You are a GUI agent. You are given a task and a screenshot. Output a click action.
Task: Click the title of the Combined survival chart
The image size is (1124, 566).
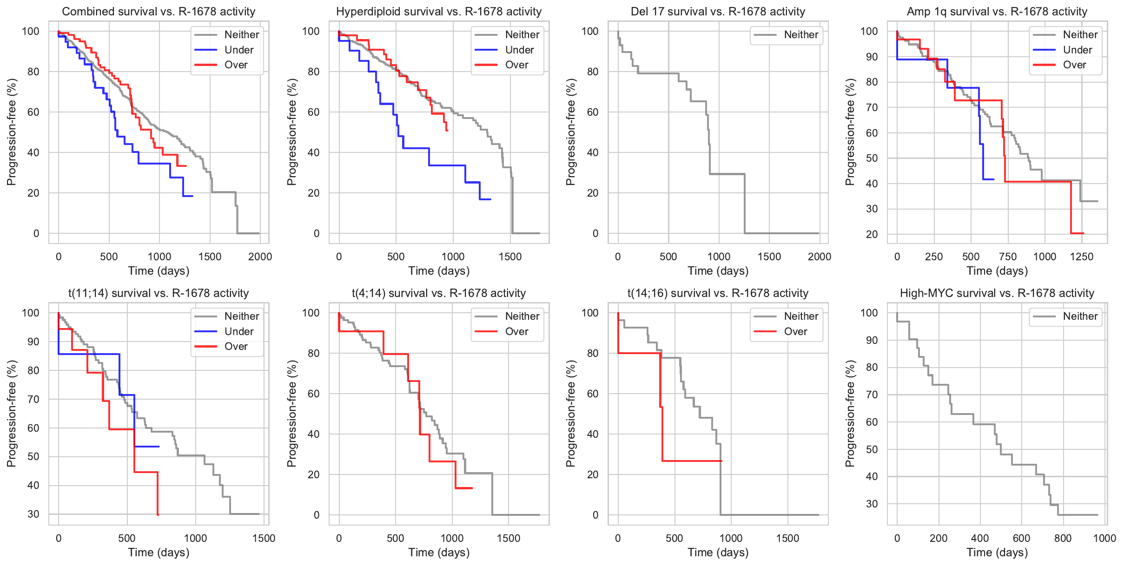(x=159, y=12)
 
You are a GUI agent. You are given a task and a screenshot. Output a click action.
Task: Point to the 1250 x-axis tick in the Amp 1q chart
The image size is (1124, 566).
(x=1082, y=257)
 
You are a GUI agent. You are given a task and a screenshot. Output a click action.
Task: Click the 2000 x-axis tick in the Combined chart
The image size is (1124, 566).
(x=260, y=257)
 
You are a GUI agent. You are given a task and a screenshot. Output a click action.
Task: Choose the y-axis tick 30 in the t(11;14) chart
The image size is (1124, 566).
(x=33, y=514)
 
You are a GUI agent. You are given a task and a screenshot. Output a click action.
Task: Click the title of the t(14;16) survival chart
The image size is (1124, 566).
(x=718, y=293)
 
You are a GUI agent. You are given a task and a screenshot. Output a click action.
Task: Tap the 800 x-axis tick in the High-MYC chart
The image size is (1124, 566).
(x=1063, y=538)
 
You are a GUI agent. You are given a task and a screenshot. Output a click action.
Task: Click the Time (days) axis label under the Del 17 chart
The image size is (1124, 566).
(x=718, y=271)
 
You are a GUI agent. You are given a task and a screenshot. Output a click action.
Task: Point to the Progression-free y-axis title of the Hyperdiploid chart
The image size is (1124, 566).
(x=291, y=132)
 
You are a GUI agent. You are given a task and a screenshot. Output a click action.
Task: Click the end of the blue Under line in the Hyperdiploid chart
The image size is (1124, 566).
(x=490, y=199)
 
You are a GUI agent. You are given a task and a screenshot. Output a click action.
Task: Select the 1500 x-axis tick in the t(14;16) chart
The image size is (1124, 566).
(x=787, y=538)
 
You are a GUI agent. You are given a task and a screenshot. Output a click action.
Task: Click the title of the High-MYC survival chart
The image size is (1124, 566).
(x=997, y=293)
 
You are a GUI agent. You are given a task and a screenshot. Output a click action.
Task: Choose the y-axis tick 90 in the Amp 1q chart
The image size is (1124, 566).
(x=869, y=57)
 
